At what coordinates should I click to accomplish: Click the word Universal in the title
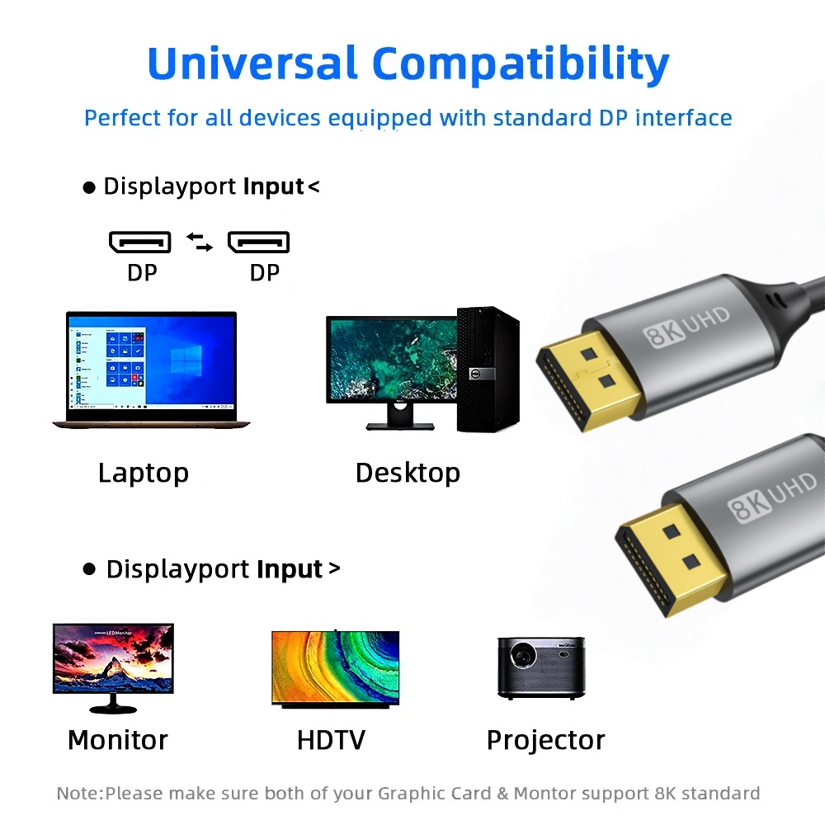click(252, 64)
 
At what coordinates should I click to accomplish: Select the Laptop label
click(144, 473)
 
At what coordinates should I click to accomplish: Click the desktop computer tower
click(488, 369)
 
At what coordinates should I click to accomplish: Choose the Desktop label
click(408, 473)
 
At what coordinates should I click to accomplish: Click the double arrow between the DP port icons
click(199, 242)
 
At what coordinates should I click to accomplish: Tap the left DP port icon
click(140, 242)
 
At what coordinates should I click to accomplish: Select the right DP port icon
click(258, 242)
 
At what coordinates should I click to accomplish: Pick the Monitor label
click(117, 740)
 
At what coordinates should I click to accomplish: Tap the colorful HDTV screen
click(335, 667)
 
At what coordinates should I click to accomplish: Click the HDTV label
click(331, 740)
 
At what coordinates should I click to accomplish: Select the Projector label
click(545, 740)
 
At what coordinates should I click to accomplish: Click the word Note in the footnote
click(78, 794)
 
